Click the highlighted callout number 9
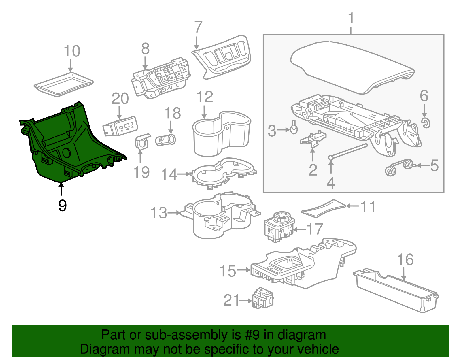tap(62, 206)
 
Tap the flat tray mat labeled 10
tap(63, 84)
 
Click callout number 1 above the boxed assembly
tap(351, 18)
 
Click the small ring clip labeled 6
tap(425, 123)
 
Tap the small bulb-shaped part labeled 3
tap(294, 129)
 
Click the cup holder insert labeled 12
tap(220, 133)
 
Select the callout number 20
tap(120, 99)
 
